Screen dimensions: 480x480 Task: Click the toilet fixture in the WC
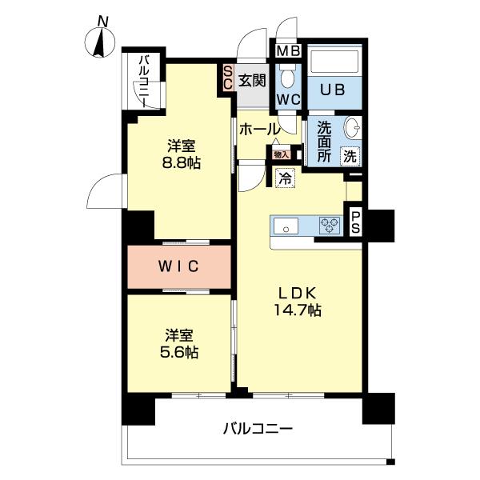pos(288,76)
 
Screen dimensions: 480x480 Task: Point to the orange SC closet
pos(228,77)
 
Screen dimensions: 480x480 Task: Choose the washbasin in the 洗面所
pos(351,129)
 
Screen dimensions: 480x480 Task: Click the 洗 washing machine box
pos(350,156)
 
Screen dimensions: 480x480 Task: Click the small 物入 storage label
pos(281,154)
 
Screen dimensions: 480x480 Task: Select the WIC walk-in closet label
pos(178,266)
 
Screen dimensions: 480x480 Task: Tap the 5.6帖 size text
pos(182,351)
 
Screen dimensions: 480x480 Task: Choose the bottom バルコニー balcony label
pos(258,428)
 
